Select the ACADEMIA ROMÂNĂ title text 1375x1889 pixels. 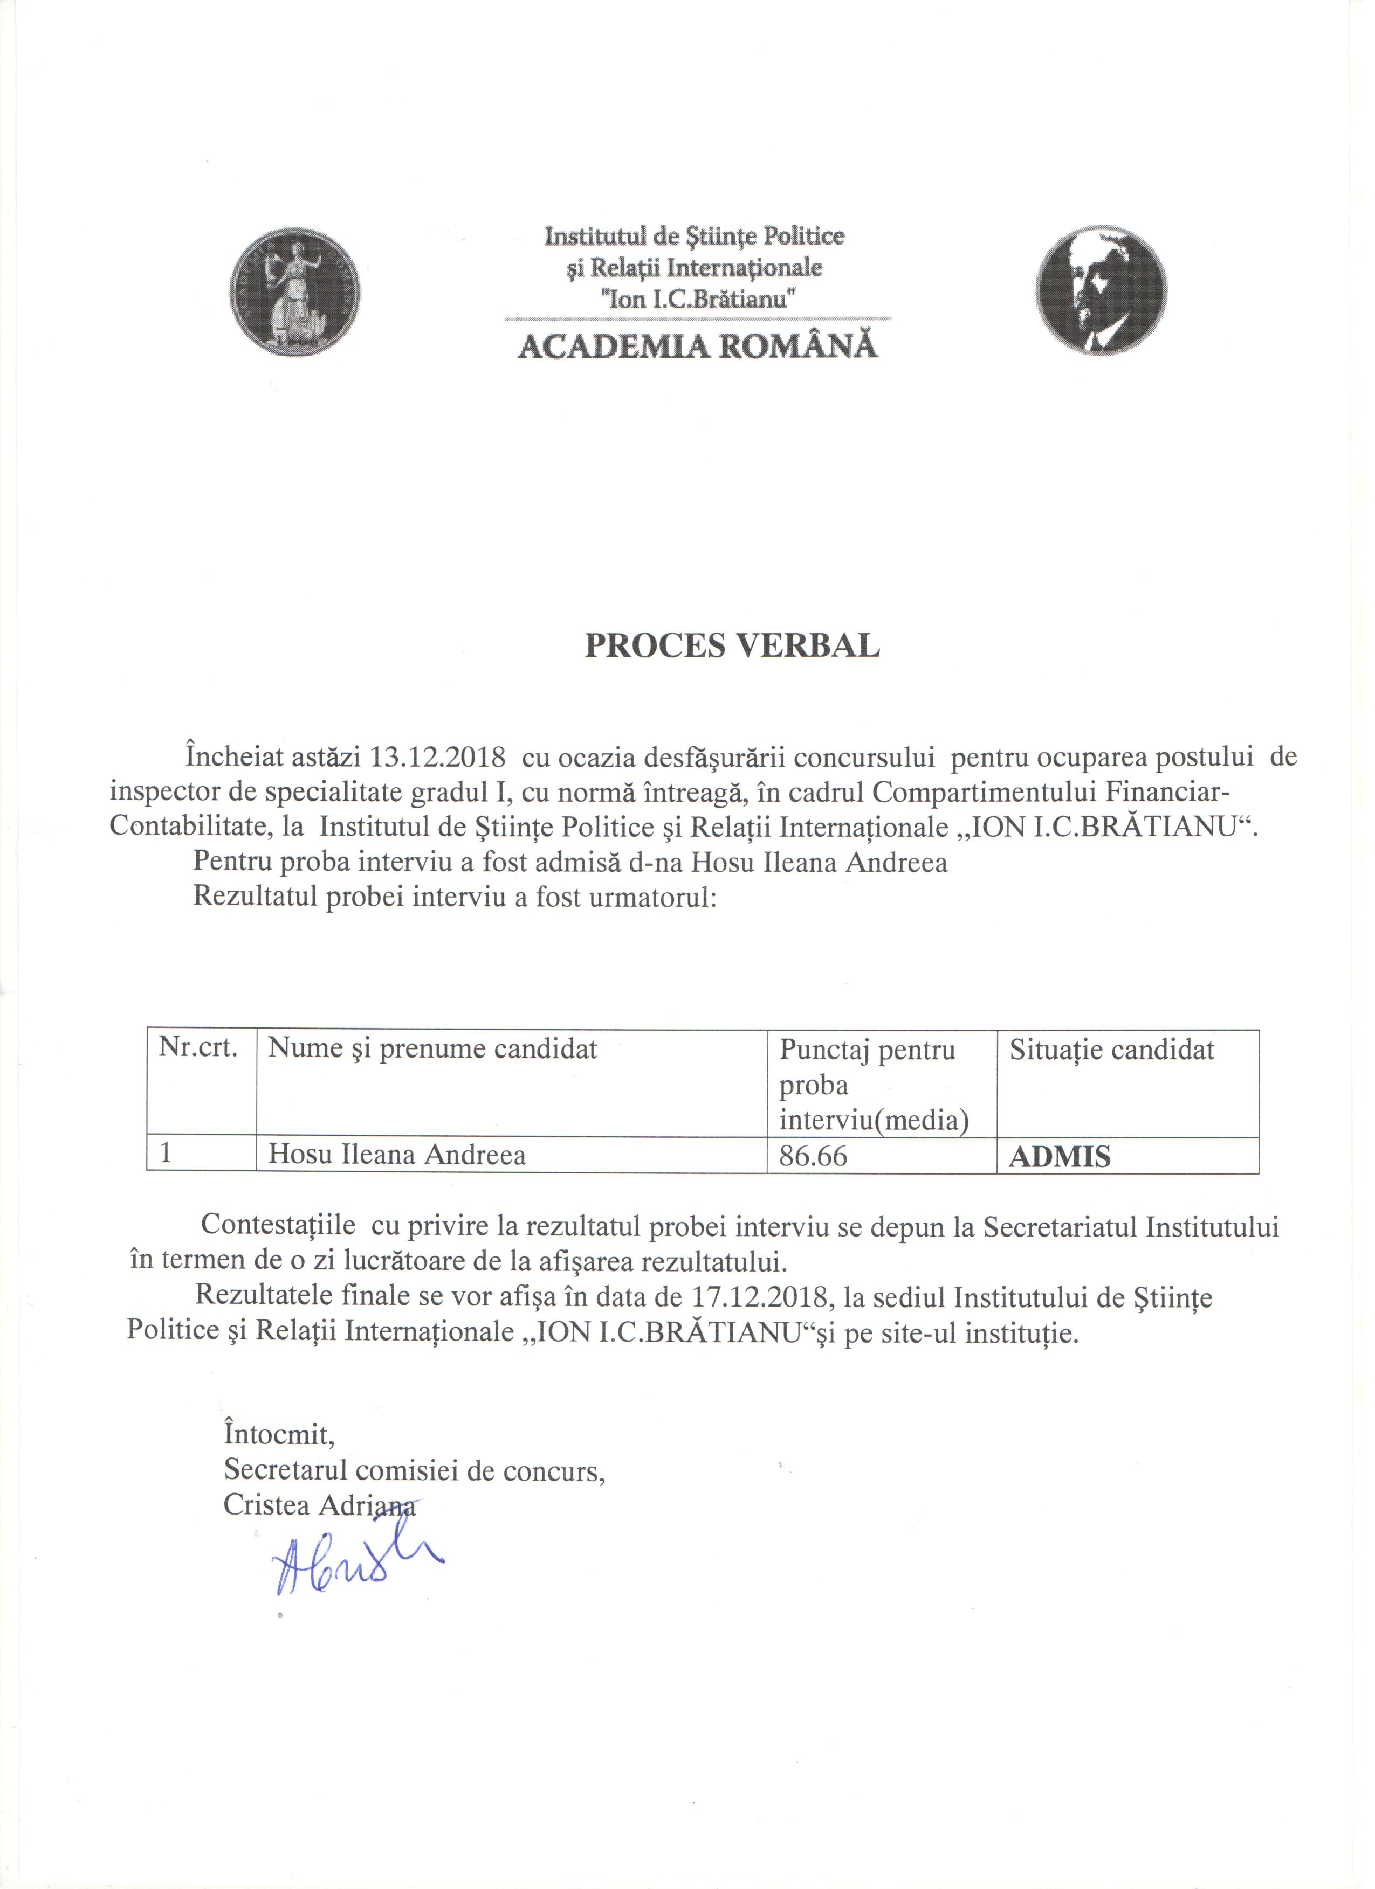(698, 346)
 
